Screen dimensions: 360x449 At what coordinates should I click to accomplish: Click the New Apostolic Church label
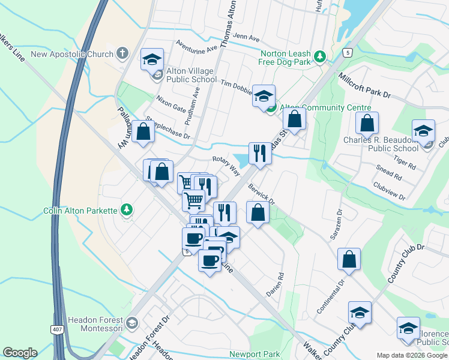click(x=72, y=54)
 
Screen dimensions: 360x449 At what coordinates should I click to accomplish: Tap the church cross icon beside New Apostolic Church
click(x=122, y=54)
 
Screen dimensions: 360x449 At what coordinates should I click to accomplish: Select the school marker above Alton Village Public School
click(x=152, y=60)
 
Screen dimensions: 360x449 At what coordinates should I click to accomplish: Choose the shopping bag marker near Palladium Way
click(x=143, y=133)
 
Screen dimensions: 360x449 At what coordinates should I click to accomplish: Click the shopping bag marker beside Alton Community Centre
click(x=294, y=118)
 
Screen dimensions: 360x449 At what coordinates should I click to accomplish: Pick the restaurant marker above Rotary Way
click(x=260, y=153)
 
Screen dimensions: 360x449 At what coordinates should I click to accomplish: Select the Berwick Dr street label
click(x=261, y=193)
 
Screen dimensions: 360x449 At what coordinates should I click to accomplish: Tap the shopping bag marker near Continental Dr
click(x=349, y=260)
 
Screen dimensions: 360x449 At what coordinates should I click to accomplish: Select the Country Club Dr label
click(x=406, y=264)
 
